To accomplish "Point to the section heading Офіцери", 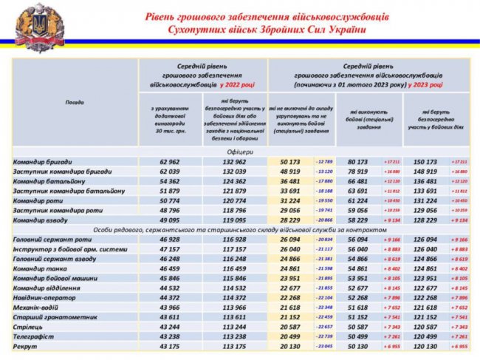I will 238,151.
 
